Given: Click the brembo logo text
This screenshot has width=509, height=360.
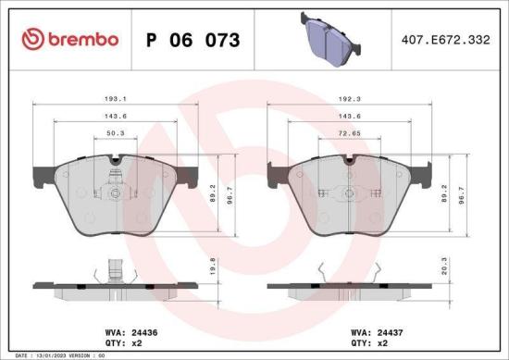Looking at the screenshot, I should pos(70,39).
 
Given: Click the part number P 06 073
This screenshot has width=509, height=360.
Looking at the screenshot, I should pos(193,40).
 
